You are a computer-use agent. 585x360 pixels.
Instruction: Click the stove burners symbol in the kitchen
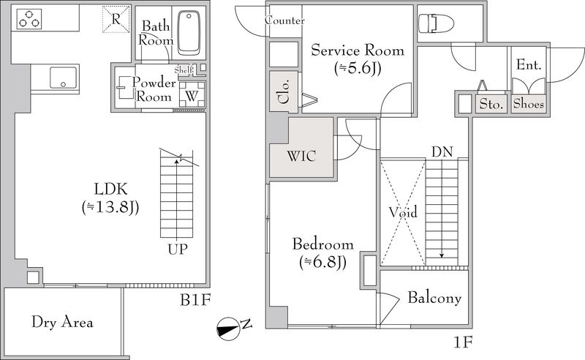pyautogui.click(x=29, y=19)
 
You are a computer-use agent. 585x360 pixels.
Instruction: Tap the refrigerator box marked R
pyautogui.click(x=116, y=19)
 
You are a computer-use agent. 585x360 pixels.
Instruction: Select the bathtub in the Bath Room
pyautogui.click(x=189, y=33)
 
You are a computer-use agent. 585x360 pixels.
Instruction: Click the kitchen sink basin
pyautogui.click(x=63, y=78)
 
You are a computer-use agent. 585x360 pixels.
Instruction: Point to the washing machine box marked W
pyautogui.click(x=192, y=95)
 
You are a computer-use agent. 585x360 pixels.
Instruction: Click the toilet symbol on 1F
pyautogui.click(x=436, y=23)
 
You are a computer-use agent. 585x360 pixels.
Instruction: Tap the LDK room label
pyautogui.click(x=111, y=189)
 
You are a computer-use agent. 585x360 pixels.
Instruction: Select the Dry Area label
pyautogui.click(x=62, y=322)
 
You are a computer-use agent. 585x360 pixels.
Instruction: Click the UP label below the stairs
pyautogui.click(x=177, y=249)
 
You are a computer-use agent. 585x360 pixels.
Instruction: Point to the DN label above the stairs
pyautogui.click(x=442, y=152)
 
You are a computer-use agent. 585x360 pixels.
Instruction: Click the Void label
pyautogui.click(x=403, y=212)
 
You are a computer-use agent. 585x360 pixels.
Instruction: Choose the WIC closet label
pyautogui.click(x=301, y=156)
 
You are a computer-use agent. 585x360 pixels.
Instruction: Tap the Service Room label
pyautogui.click(x=358, y=50)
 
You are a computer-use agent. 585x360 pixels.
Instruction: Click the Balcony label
pyautogui.click(x=434, y=298)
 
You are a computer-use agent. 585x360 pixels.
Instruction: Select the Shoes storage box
pyautogui.click(x=528, y=104)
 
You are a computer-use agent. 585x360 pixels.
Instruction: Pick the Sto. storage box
pyautogui.click(x=491, y=104)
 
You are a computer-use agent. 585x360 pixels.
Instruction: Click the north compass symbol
pyautogui.click(x=228, y=329)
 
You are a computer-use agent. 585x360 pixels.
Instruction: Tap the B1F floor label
pyautogui.click(x=196, y=299)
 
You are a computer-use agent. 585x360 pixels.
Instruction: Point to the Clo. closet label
pyautogui.click(x=284, y=91)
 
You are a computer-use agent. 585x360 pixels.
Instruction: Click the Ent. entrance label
pyautogui.click(x=529, y=65)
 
